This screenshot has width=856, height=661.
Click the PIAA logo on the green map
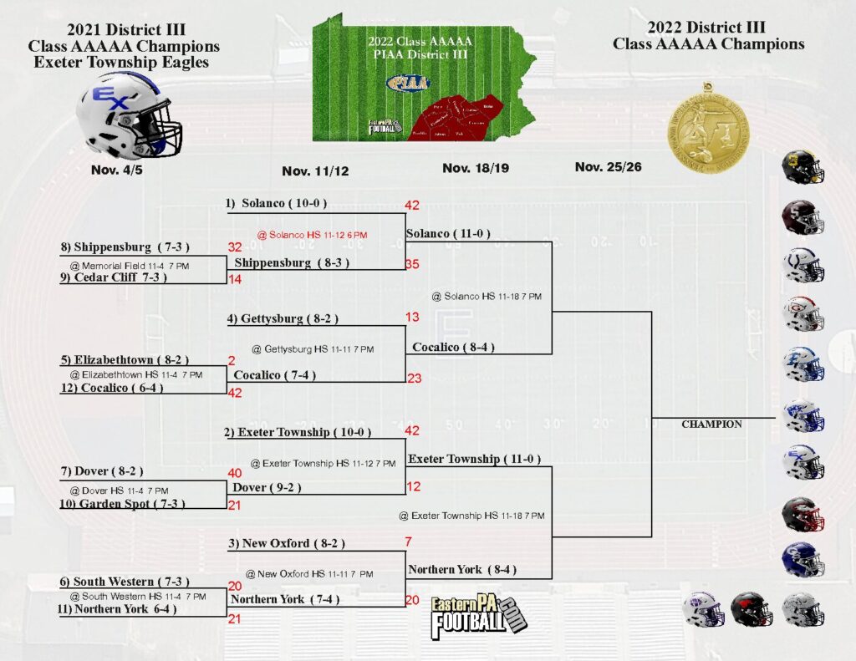(409, 83)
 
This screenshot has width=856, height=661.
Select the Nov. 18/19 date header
(476, 168)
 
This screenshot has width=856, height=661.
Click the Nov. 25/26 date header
(609, 167)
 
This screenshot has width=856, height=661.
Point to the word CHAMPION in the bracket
(711, 425)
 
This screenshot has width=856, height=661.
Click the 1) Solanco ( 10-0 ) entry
(276, 203)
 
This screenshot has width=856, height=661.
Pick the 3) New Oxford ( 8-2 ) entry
(286, 543)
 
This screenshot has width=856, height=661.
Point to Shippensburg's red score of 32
(235, 247)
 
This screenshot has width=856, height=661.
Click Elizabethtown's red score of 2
(231, 360)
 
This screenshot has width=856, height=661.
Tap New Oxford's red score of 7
(408, 542)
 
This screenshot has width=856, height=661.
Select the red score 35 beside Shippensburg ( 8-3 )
(411, 264)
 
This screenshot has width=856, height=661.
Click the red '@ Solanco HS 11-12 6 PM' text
(316, 236)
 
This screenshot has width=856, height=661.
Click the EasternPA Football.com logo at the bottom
(479, 618)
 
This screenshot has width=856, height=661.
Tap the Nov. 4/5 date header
(116, 170)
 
